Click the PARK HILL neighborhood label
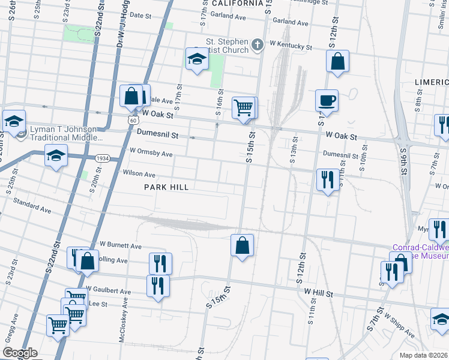point(166,187)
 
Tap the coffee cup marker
point(327,100)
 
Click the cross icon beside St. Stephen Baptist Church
point(258,44)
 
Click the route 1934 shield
point(101,158)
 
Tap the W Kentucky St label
point(291,46)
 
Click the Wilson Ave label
point(139,174)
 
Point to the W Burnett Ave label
point(120,245)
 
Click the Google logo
point(20,353)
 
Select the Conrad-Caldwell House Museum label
point(420,251)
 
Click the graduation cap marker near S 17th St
point(196,59)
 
